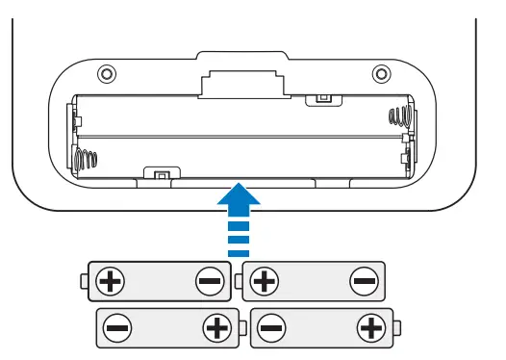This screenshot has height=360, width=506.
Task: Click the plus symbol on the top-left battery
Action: [x=113, y=282]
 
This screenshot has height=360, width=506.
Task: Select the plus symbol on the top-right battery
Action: [x=264, y=282]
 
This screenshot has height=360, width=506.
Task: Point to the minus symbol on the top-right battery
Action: [x=363, y=282]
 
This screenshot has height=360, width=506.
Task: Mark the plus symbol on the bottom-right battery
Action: [x=369, y=328]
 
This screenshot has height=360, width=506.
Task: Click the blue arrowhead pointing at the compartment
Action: [x=239, y=199]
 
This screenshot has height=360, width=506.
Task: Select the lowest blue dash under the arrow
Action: [x=239, y=250]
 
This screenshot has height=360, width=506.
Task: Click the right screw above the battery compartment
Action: [x=381, y=73]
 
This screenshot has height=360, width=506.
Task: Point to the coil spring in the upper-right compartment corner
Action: [x=398, y=117]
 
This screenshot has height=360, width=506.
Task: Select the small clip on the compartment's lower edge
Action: [x=159, y=174]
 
